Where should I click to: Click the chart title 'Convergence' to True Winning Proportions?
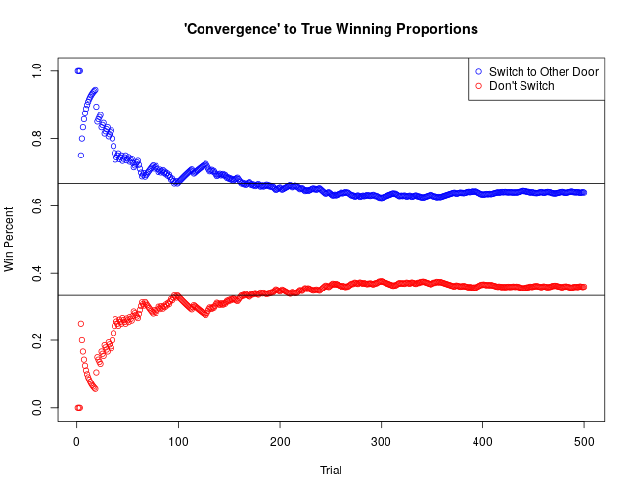[x=331, y=29]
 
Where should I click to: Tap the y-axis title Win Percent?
[x=10, y=238]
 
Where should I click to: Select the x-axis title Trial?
[x=331, y=471]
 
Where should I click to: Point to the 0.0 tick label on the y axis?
[x=37, y=407]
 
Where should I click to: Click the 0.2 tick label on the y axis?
[x=37, y=339]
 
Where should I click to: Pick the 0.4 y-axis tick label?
[x=37, y=273]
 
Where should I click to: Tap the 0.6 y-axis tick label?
[x=37, y=205]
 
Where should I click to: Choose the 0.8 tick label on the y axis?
[x=37, y=138]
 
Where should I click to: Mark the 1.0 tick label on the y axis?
[x=37, y=70]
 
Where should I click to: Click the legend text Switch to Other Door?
[x=543, y=72]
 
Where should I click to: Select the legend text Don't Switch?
[x=521, y=86]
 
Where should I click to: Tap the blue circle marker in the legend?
[x=477, y=72]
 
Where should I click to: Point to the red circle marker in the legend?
[x=477, y=86]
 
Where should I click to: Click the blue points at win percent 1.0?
[x=78, y=70]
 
